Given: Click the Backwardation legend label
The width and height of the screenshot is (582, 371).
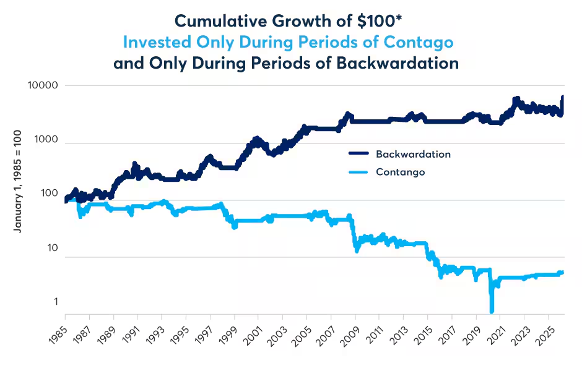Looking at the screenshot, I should point(413,154).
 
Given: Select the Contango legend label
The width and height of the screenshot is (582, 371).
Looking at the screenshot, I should point(401,173).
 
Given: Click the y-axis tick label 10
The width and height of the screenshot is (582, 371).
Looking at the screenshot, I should point(53,249).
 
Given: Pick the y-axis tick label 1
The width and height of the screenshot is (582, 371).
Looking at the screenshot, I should point(56,302).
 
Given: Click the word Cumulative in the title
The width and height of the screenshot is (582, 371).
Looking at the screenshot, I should point(221,21).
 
